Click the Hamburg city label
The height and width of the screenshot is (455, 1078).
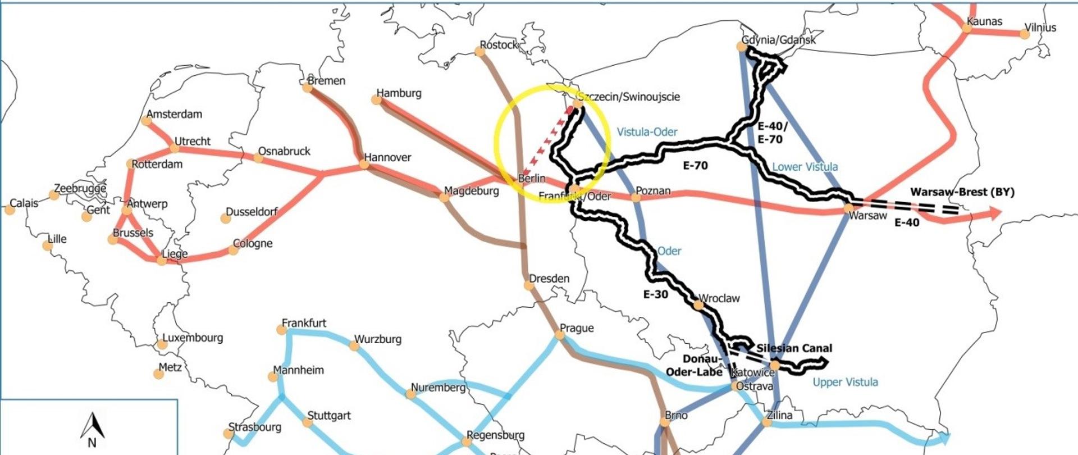tap(399, 93)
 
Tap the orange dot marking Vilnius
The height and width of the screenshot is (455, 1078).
tap(1025, 34)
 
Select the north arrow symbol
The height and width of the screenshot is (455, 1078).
tap(93, 431)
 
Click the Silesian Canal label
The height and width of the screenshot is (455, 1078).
tap(794, 348)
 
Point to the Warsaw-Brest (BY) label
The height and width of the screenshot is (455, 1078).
tap(962, 192)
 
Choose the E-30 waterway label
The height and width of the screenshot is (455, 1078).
tap(655, 294)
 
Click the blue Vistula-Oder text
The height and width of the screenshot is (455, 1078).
tap(647, 132)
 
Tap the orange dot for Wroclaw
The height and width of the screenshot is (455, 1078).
tap(698, 305)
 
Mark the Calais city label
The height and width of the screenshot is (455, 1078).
tap(24, 203)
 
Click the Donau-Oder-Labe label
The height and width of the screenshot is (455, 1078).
tap(694, 365)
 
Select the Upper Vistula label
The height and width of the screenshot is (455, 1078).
tap(845, 383)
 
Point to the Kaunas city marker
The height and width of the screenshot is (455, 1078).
tap(967, 28)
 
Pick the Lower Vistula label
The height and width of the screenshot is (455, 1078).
tap(805, 167)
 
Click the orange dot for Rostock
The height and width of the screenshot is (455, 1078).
tap(479, 52)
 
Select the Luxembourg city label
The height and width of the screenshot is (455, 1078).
tap(193, 338)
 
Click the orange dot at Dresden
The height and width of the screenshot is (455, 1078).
tap(528, 285)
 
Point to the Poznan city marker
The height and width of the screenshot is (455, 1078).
tap(636, 197)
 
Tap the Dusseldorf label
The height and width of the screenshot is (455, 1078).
tap(252, 212)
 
